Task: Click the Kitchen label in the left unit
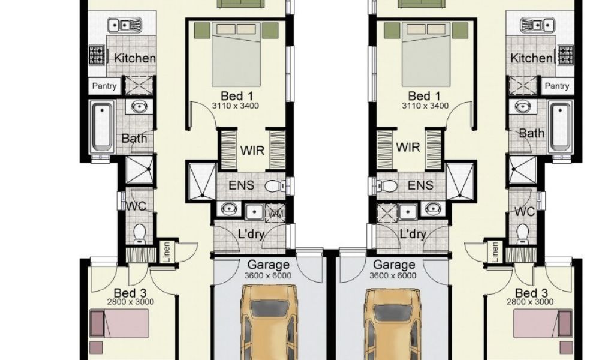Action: [x=134, y=58]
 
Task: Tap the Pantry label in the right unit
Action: [x=557, y=86]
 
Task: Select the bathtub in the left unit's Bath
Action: [x=101, y=126]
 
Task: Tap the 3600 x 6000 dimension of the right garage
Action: [x=394, y=275]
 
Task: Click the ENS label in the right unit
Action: [x=420, y=185]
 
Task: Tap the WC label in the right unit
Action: [x=525, y=211]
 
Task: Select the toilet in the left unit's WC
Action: [x=140, y=232]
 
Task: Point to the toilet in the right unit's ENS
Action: [x=388, y=185]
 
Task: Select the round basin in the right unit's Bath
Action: [x=521, y=107]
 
